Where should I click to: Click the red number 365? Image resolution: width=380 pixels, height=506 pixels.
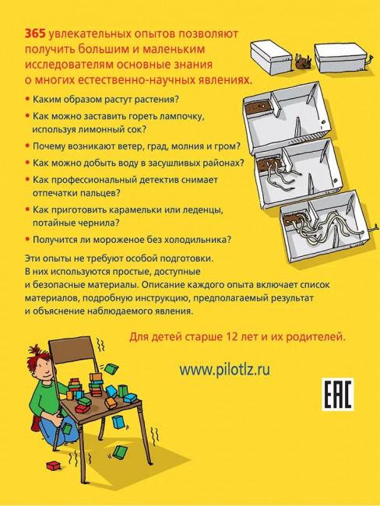click(35, 34)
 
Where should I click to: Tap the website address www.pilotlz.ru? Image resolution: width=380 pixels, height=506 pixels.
click(224, 370)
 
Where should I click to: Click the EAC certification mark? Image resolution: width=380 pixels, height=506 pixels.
click(338, 395)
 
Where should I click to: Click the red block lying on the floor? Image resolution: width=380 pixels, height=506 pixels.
click(54, 466)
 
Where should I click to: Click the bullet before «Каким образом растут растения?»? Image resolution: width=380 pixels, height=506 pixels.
click(27, 99)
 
